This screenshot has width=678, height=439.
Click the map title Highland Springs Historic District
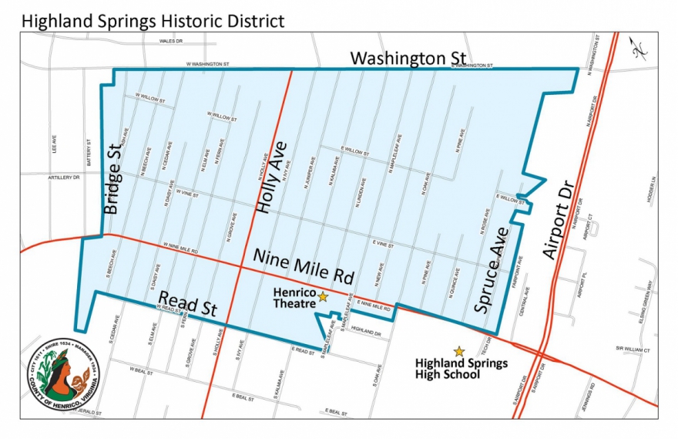153,20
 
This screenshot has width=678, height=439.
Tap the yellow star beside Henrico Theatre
323,296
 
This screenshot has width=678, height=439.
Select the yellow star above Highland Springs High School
459,351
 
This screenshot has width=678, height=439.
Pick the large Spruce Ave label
492,269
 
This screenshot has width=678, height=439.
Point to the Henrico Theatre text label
294,297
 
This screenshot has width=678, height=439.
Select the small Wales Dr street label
170,41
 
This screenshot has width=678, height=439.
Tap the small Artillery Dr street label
63,177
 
